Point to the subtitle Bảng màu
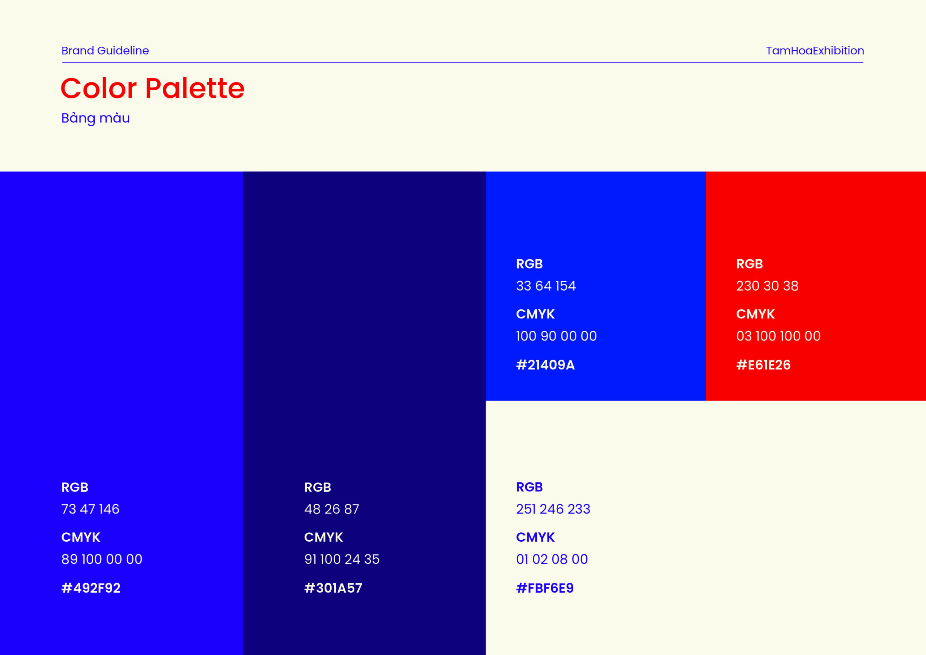point(95,118)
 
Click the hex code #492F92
point(91,588)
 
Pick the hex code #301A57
point(333,588)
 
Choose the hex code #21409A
point(545,365)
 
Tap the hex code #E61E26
point(764,365)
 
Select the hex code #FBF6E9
point(545,588)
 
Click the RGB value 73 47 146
point(90,509)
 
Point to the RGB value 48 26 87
point(332,509)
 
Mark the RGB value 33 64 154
point(546,286)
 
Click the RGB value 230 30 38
point(768,286)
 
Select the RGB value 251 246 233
point(553,509)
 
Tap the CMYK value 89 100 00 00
point(102,559)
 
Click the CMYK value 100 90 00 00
point(557,336)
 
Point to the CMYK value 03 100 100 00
point(778,336)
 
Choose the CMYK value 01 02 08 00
point(552,559)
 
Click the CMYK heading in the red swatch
point(755,314)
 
